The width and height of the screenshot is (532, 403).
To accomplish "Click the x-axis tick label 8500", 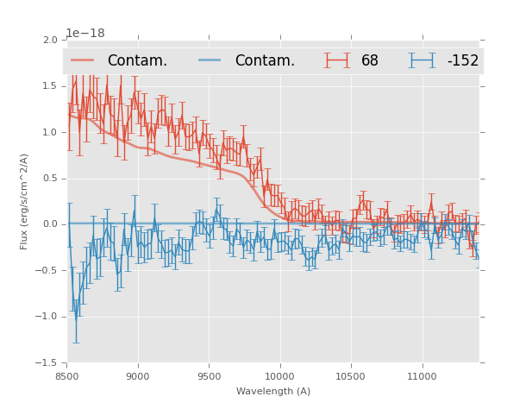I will click(67, 376).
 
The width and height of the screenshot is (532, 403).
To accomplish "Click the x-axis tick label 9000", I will click(138, 376).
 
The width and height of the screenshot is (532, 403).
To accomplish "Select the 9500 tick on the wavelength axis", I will click(209, 376).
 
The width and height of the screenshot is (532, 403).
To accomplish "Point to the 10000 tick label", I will click(279, 376).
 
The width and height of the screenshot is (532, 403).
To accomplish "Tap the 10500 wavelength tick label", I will click(351, 376).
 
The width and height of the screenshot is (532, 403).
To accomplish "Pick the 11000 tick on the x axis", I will click(422, 376).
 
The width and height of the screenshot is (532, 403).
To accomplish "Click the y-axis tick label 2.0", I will click(50, 41).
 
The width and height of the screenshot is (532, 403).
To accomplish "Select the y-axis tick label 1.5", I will click(50, 86).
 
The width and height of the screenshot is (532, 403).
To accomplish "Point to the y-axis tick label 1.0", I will click(50, 133).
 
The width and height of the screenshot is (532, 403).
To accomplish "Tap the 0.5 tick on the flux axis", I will click(50, 179).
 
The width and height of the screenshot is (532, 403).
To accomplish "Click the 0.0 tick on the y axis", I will click(50, 224).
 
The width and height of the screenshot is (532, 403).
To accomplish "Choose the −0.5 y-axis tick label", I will click(47, 271).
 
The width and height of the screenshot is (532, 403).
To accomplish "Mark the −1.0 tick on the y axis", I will click(47, 317).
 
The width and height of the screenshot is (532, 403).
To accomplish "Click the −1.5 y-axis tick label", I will click(47, 362).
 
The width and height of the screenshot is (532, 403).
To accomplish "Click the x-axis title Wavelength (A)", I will click(273, 392).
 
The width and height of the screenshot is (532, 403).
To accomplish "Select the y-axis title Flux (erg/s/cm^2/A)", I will click(25, 201).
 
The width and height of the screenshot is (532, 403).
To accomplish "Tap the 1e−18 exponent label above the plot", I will click(85, 33).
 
